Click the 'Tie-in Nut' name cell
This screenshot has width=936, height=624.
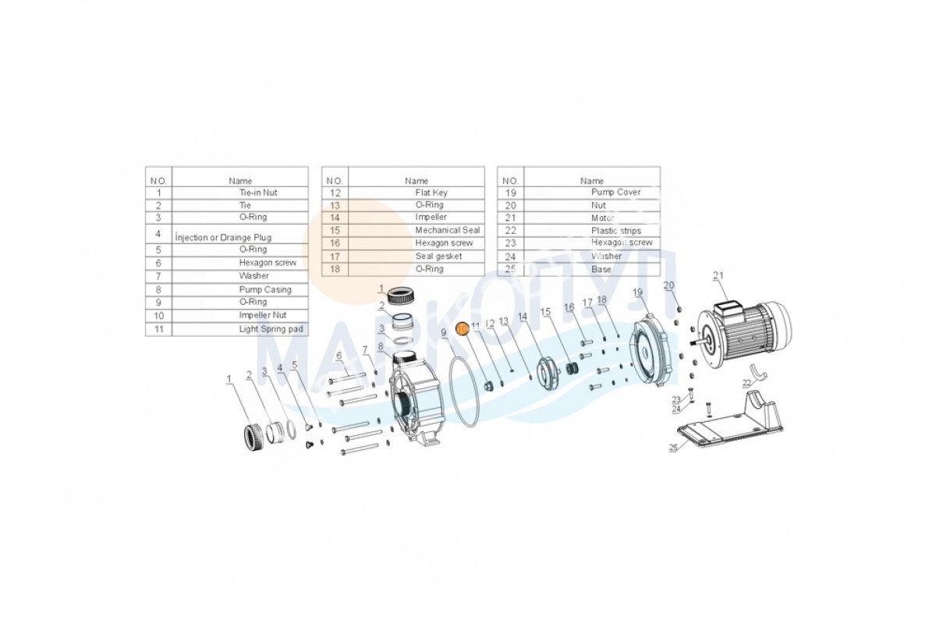pyautogui.click(x=257, y=193)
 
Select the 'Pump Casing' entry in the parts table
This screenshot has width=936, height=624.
pyautogui.click(x=265, y=289)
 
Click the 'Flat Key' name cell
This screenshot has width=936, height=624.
pyautogui.click(x=431, y=193)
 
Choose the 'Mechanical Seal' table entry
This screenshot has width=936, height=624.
pyautogui.click(x=447, y=231)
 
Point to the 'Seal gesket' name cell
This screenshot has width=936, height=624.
pyautogui.click(x=438, y=256)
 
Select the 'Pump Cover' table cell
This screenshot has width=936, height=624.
pyautogui.click(x=615, y=193)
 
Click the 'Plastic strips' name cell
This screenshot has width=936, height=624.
pyautogui.click(x=615, y=231)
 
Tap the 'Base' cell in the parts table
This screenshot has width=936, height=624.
pyautogui.click(x=601, y=269)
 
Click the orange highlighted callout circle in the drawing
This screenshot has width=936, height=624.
pyautogui.click(x=462, y=329)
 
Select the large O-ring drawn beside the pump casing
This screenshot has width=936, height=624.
pyautogui.click(x=468, y=392)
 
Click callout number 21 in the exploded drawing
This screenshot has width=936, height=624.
pyautogui.click(x=718, y=275)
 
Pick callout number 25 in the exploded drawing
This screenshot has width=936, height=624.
pyautogui.click(x=673, y=448)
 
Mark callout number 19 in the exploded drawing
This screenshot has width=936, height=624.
pyautogui.click(x=637, y=292)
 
